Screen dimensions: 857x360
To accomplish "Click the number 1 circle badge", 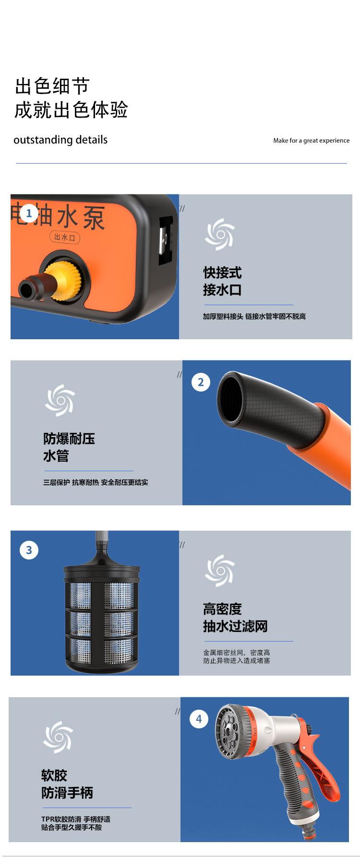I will click(29, 214).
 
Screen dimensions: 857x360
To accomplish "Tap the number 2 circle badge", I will click(201, 382).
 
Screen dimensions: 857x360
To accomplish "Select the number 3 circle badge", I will click(29, 550).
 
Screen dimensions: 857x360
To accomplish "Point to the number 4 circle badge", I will click(199, 719).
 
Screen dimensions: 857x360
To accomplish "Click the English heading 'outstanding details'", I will click(60, 140).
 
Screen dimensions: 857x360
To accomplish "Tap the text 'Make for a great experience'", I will click(311, 141).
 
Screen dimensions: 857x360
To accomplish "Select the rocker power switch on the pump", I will click(166, 239).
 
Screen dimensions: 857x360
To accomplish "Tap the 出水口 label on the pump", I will click(64, 237).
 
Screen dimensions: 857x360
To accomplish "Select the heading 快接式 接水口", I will click(222, 282).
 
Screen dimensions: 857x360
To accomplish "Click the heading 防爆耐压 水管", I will click(69, 447).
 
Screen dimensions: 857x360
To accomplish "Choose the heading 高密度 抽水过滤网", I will click(235, 618).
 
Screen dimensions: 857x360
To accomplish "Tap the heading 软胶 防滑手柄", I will click(67, 784).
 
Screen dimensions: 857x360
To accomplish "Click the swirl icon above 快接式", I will click(220, 234).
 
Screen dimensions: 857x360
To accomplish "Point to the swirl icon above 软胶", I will click(58, 737).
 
